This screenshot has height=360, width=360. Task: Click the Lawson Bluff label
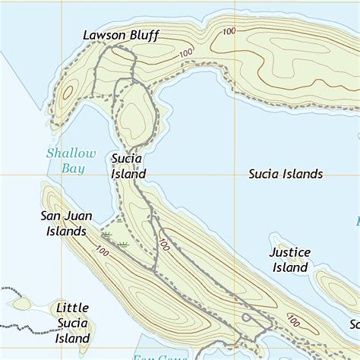(x=122, y=35)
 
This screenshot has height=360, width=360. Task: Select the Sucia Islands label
(x=286, y=174)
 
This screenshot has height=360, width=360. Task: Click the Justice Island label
(x=289, y=260)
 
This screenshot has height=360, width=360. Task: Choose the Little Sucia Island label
(x=73, y=323)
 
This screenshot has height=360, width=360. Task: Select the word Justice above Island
(x=290, y=252)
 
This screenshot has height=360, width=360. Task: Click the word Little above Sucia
(x=73, y=308)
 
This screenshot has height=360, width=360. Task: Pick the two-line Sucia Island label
(x=128, y=166)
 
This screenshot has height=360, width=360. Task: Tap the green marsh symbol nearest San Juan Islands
(x=107, y=235)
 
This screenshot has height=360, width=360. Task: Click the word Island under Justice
(x=289, y=267)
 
